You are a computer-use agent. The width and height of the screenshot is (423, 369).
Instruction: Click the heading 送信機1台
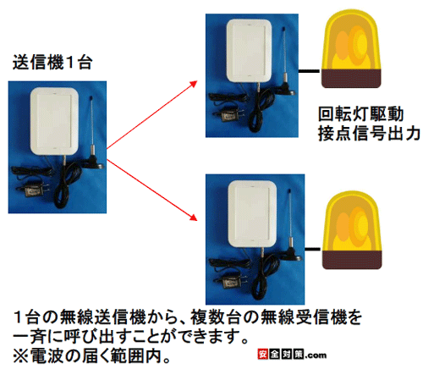pos(52,62)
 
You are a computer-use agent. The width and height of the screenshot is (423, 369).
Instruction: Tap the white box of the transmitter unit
pos(54,121)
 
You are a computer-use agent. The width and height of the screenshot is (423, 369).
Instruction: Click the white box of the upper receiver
pos(249,51)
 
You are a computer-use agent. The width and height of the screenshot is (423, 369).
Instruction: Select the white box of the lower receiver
pos(252,214)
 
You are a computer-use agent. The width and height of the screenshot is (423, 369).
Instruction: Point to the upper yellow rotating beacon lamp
pos(351,48)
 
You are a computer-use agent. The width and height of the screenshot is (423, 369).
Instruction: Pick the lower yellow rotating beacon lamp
pos(352,230)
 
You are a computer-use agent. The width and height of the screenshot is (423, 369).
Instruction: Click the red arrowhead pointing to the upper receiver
pos(193,84)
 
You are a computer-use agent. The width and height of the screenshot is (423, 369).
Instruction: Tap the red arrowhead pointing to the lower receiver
pos(193,218)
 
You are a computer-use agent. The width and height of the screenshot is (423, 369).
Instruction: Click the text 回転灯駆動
pos(360,114)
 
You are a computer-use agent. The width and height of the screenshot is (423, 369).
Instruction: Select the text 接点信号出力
pos(369,133)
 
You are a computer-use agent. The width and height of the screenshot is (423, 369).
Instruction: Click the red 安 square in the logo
pos(262,355)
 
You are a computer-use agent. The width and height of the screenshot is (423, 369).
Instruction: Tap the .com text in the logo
pos(316,355)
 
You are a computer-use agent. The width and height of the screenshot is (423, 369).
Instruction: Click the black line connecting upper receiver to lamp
pos(310,71)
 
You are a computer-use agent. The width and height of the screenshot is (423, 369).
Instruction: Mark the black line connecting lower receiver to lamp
pos(313,249)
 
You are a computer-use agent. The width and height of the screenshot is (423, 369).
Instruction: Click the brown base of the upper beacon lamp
pos(351,79)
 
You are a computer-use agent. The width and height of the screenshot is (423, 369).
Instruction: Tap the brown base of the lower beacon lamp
pos(352,260)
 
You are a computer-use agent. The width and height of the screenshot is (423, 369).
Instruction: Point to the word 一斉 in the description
pos(30,336)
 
